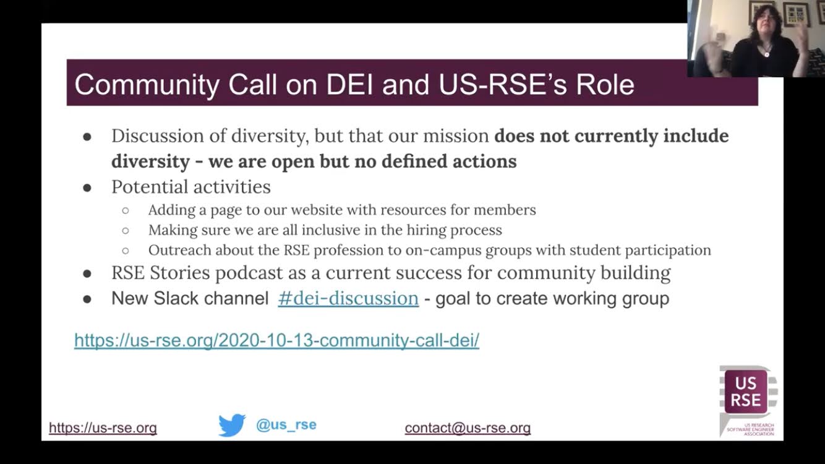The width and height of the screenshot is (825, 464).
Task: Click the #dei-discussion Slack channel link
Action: tap(348, 298)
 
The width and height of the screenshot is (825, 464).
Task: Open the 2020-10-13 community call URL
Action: tap(276, 340)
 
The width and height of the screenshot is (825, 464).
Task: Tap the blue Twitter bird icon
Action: tap(232, 425)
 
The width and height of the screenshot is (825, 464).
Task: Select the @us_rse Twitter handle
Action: tap(286, 425)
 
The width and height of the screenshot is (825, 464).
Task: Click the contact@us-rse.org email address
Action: tap(468, 428)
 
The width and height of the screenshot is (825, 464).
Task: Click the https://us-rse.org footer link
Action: tap(103, 428)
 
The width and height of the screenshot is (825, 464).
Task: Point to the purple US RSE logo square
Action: tap(746, 392)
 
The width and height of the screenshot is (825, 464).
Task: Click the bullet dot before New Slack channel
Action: tap(87, 299)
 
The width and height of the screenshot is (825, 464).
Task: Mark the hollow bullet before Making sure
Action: tap(126, 231)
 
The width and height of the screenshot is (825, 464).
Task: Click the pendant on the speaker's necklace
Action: tap(766, 54)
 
